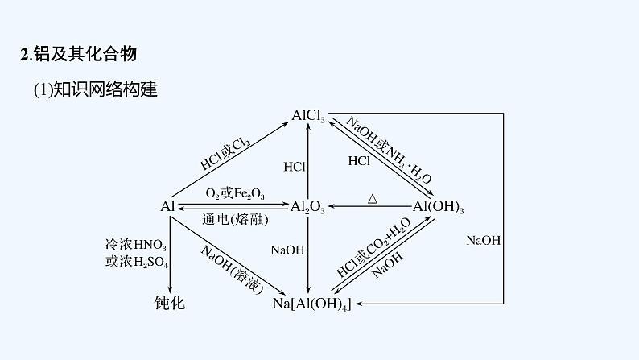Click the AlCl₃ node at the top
click(308, 116)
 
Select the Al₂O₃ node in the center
click(307, 207)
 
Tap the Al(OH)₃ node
click(438, 207)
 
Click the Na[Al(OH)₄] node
click(311, 304)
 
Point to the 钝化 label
click(170, 303)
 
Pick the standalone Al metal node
click(167, 206)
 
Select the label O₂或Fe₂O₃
click(235, 193)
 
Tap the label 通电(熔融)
click(235, 220)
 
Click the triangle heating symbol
click(372, 199)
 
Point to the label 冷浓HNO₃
click(136, 245)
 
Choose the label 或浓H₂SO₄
click(137, 262)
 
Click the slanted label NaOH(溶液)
click(233, 270)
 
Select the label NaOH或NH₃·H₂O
click(389, 150)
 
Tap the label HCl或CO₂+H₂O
click(373, 247)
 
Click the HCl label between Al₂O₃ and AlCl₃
click(295, 167)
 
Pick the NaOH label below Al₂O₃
click(287, 250)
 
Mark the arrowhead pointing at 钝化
click(170, 290)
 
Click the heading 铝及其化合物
click(85, 54)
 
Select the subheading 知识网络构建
click(105, 89)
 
